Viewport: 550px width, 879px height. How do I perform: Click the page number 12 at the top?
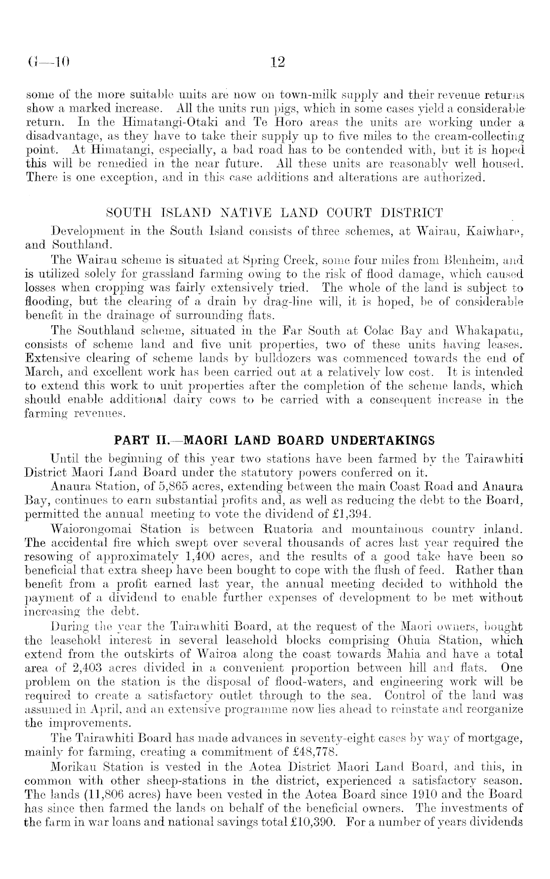[278, 63]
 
